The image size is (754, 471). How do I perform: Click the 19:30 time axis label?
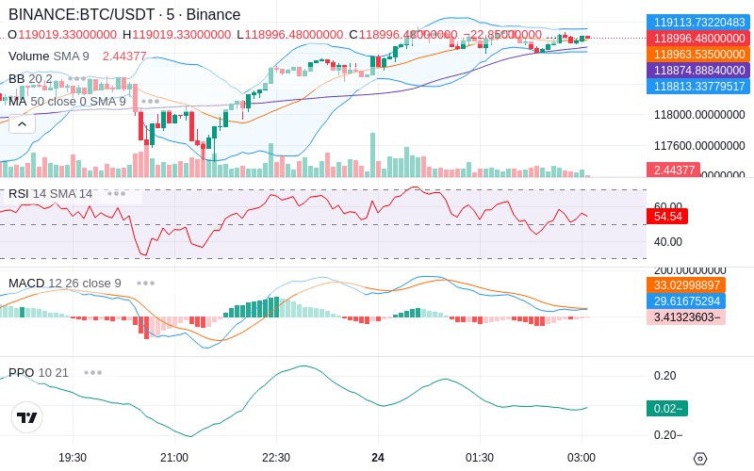tap(73, 457)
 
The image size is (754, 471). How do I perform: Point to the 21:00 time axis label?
tap(174, 457)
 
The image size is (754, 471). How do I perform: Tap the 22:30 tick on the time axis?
tap(276, 457)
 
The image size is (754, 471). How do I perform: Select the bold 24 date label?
tap(378, 457)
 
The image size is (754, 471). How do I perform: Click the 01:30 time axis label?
tap(480, 457)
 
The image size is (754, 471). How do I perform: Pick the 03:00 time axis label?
tap(582, 457)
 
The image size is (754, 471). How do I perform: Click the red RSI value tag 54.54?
tap(666, 216)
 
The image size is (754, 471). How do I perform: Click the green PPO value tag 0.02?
tap(666, 408)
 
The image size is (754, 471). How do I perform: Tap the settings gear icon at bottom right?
tap(699, 459)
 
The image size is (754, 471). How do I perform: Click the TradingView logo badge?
tap(27, 417)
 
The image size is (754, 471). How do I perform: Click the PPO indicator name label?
tap(22, 372)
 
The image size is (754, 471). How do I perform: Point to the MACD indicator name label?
tap(26, 283)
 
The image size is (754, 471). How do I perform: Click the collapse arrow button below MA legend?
tap(22, 123)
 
